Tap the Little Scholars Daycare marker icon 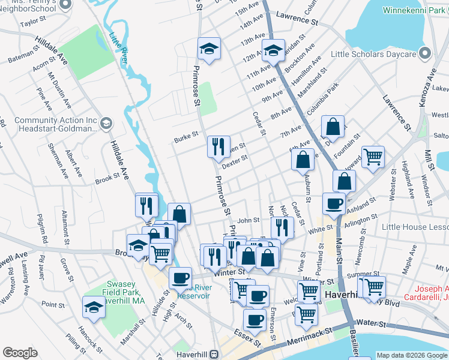click(x=425, y=55)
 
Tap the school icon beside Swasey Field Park click(x=94, y=307)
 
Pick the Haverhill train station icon click(x=214, y=355)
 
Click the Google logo click(x=20, y=353)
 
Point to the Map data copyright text click(x=412, y=355)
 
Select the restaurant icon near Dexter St click(x=218, y=146)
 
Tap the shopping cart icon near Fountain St click(x=373, y=157)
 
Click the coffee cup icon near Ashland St click(x=334, y=203)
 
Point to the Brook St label click(x=108, y=179)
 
